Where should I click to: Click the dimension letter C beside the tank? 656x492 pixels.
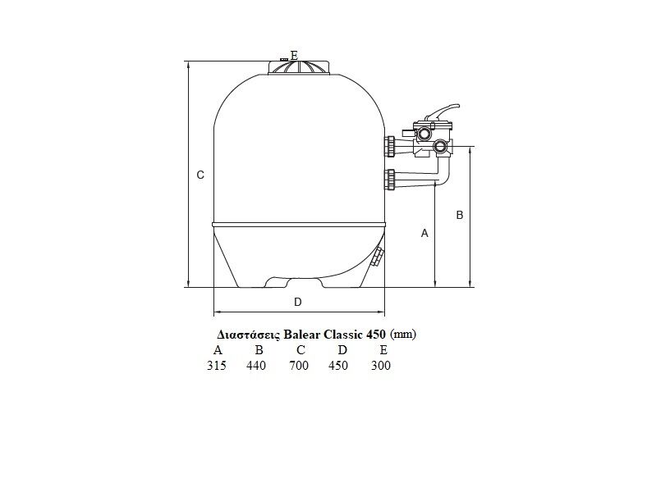pos(200,175)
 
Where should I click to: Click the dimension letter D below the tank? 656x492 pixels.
pos(298,302)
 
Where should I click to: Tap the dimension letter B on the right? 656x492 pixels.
pos(460,215)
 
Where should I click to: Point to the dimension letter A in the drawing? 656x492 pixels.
pos(424,233)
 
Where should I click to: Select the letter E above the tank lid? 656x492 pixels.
pos(294,55)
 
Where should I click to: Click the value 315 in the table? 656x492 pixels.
pos(217,366)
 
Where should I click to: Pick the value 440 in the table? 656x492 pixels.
pos(256,366)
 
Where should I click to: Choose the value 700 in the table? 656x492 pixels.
pos(299,366)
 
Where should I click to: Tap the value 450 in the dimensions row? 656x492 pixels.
pos(338,366)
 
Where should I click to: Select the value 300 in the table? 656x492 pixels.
pos(381,366)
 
